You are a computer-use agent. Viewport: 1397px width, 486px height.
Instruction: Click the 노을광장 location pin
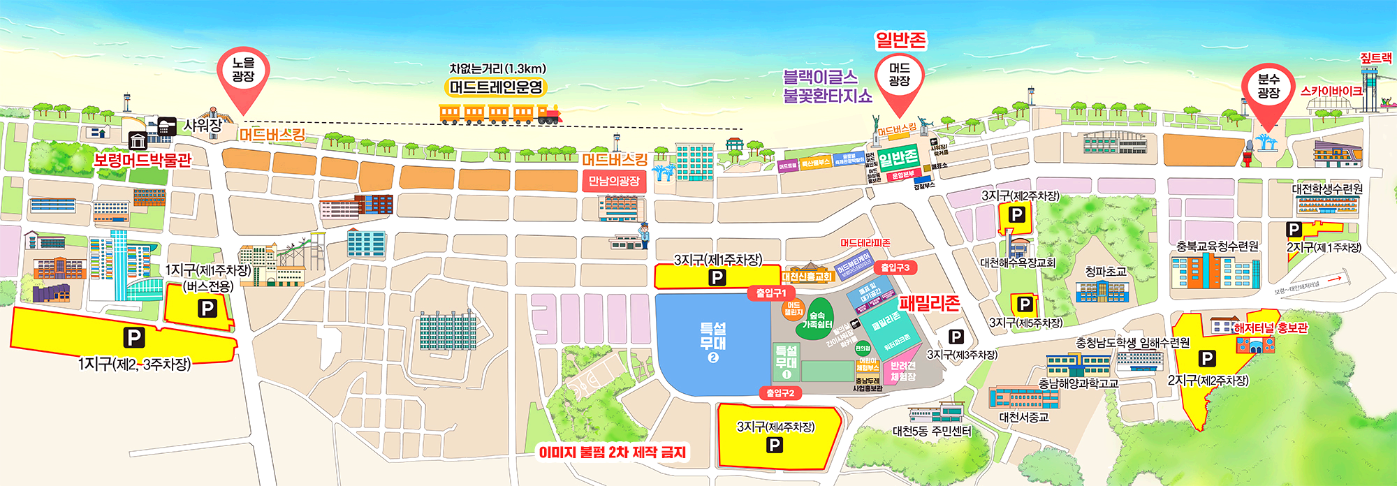[x=243, y=73]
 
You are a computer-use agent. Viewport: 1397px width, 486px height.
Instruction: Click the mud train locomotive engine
[x=549, y=114]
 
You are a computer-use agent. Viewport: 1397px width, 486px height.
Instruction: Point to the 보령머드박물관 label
[x=142, y=160]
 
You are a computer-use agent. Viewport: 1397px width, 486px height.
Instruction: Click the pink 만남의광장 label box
[x=614, y=182]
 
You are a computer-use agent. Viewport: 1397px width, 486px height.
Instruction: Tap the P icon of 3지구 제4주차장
[x=774, y=445]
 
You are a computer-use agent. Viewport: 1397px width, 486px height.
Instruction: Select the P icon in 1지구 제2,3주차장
[x=133, y=338]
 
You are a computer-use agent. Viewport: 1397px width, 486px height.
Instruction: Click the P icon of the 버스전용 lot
[x=207, y=308]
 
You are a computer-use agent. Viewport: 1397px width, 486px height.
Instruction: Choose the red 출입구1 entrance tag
[x=770, y=293]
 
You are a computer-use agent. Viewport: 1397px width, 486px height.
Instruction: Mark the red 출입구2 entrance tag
[x=780, y=393]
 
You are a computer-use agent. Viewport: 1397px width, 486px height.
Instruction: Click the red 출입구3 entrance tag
[x=895, y=267]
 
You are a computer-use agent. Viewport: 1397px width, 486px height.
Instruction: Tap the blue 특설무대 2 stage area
[x=712, y=342]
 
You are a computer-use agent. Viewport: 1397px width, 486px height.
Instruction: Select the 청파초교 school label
[x=1105, y=271]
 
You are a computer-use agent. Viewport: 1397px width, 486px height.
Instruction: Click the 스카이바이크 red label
[x=1330, y=91]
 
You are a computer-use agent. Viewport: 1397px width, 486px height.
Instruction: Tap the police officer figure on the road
[x=644, y=235]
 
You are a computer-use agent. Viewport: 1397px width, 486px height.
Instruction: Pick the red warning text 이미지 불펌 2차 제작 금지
[x=612, y=452]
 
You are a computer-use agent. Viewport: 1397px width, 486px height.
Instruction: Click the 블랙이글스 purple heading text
[x=819, y=77]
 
